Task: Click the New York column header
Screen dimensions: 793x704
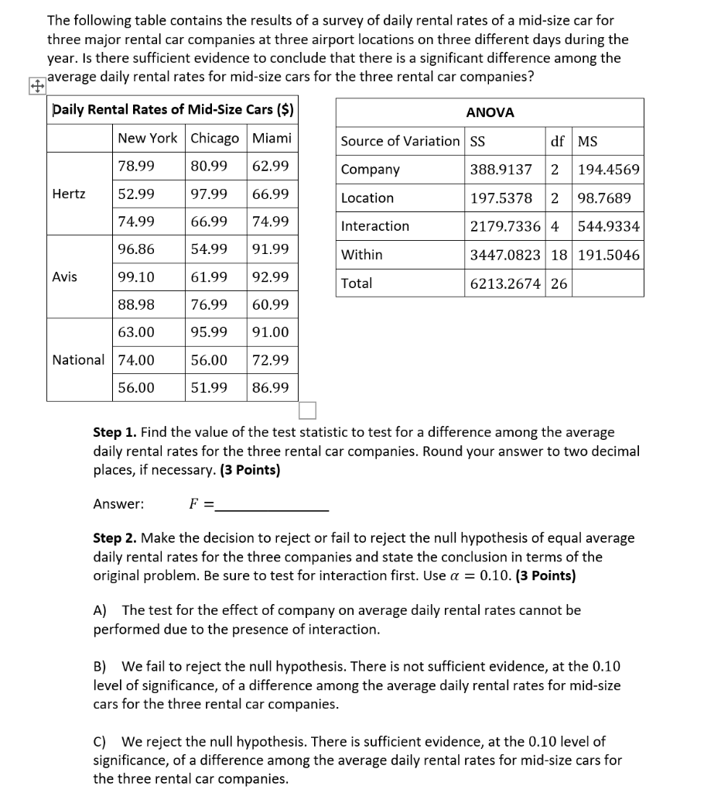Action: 147,138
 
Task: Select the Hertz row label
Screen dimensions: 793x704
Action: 69,194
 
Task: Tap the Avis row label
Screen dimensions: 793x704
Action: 65,276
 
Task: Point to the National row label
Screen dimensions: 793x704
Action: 78,359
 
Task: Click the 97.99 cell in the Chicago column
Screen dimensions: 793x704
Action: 208,194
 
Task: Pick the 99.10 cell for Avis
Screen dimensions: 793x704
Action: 136,276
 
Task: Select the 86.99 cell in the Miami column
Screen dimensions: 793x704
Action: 270,387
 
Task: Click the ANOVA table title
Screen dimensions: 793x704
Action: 490,112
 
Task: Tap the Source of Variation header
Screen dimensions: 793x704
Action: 400,141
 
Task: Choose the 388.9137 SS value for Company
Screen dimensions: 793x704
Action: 501,170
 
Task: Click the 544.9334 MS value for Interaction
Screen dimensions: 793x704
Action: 609,226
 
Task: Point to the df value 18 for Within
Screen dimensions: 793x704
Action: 559,255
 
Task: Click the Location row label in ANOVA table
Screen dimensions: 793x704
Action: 367,198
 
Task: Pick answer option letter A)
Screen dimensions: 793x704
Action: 101,610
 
